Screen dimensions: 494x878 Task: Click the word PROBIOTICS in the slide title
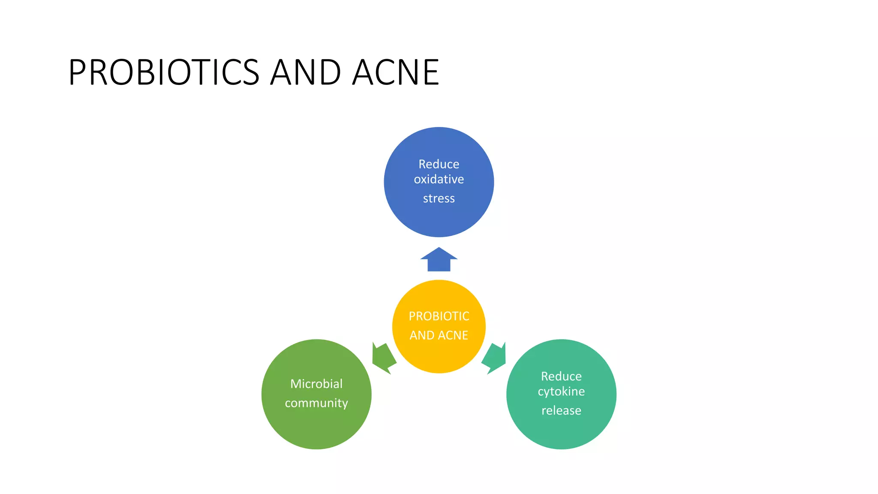(164, 72)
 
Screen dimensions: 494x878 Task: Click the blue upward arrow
(439, 260)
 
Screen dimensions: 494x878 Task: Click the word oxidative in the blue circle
(439, 179)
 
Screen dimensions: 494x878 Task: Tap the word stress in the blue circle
(439, 199)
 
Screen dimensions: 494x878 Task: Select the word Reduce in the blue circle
(439, 164)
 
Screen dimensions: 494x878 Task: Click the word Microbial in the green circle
(316, 384)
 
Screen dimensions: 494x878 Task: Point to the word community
(316, 403)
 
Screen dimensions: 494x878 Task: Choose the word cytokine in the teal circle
(561, 392)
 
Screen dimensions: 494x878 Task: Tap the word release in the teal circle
(561, 411)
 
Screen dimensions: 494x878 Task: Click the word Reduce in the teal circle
(561, 377)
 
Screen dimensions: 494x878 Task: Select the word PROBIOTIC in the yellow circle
(439, 316)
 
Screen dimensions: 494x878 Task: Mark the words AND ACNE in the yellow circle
(439, 335)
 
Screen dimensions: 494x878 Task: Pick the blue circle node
(439, 219)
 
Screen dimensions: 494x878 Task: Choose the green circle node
(316, 429)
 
